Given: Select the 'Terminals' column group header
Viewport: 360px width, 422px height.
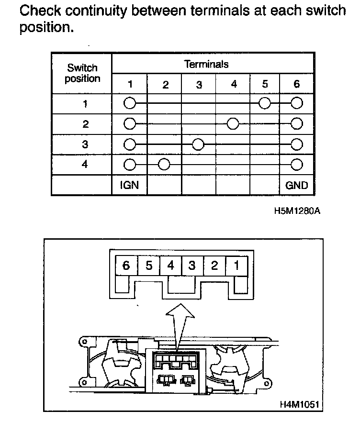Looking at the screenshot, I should (206, 64).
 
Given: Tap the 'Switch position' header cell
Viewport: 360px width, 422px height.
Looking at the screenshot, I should (82, 73).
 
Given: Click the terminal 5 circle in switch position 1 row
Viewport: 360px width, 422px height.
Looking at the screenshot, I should (264, 103).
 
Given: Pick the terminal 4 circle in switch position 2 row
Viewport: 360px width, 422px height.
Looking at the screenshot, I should (233, 124).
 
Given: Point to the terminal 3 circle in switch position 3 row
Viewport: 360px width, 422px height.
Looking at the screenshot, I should (199, 144).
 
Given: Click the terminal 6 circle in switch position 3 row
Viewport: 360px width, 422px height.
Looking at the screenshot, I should (297, 144).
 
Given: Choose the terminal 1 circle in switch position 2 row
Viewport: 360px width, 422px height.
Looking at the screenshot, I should (129, 124).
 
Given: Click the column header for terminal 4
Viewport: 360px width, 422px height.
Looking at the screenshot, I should (234, 84).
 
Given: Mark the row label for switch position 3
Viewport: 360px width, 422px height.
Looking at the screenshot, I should (85, 144).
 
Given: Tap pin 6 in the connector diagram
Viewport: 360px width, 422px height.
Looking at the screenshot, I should (126, 265).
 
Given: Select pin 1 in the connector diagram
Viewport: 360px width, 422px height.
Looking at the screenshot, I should (236, 265).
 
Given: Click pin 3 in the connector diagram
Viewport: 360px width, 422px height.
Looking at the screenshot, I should (192, 265).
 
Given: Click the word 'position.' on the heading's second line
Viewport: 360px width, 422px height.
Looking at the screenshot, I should (46, 28).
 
